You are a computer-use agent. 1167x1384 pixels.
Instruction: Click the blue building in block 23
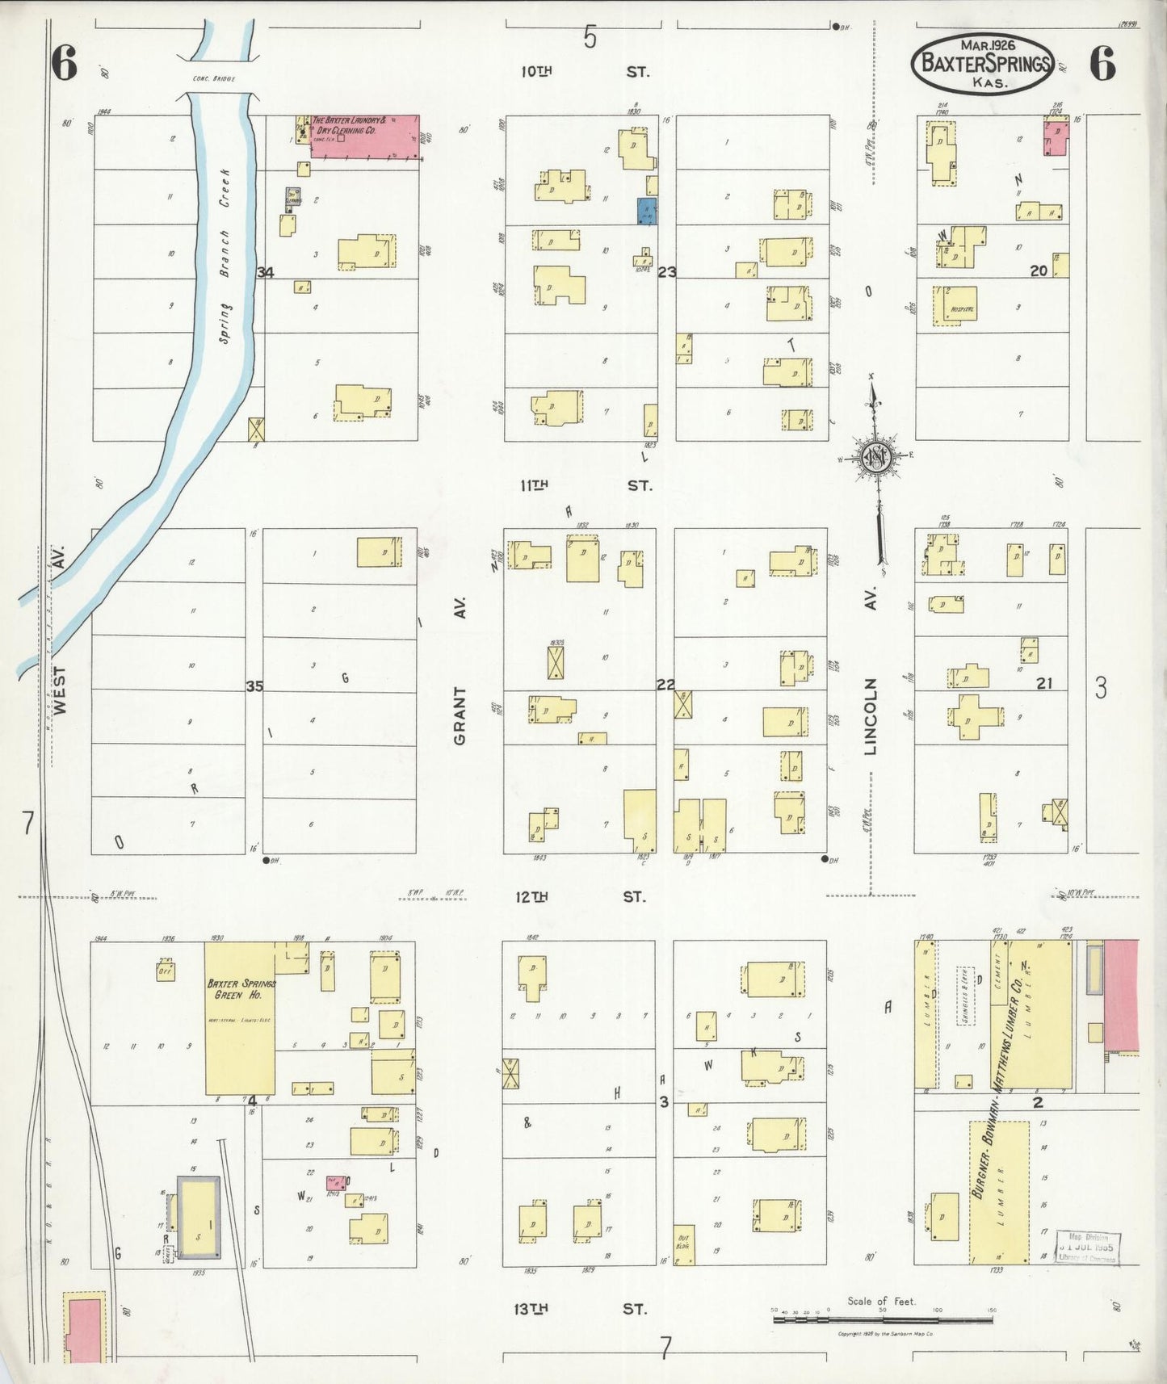tap(647, 211)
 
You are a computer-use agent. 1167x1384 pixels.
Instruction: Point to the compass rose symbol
tap(877, 457)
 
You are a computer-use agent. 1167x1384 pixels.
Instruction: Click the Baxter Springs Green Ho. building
tap(240, 1017)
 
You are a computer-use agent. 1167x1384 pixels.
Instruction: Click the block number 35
tap(254, 686)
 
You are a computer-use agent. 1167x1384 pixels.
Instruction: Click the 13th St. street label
tap(582, 1309)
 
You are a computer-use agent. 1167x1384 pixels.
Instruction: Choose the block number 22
tap(665, 685)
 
